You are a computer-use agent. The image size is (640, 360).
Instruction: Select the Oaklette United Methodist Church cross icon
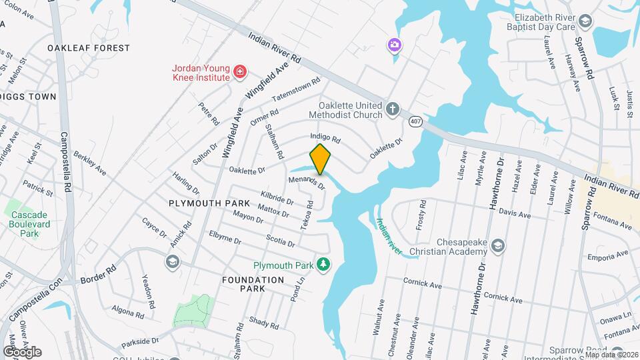tap(393, 108)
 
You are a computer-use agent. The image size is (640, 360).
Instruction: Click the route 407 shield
tap(415, 121)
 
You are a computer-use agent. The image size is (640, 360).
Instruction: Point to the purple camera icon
tap(395, 45)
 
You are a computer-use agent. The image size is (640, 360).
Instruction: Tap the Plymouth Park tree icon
tap(323, 265)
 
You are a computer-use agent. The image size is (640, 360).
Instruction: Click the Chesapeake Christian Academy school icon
tap(497, 247)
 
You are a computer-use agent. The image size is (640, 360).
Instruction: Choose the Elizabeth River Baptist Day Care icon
tap(585, 21)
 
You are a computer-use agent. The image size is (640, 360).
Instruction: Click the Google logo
tap(22, 351)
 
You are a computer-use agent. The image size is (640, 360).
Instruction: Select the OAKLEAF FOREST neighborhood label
tap(89, 48)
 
